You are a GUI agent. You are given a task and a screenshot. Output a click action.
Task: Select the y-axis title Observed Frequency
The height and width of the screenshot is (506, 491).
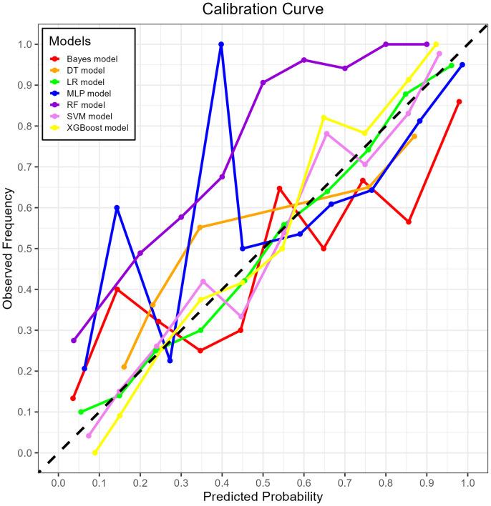9,248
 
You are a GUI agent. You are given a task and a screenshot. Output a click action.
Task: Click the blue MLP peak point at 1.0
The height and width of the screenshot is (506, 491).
221,44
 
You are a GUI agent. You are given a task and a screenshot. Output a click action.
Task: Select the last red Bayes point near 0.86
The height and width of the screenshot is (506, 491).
459,101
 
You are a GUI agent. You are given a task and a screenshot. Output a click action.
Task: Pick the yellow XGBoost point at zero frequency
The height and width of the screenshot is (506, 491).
94,452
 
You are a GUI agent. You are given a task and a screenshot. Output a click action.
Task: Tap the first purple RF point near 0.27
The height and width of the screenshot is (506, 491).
73,340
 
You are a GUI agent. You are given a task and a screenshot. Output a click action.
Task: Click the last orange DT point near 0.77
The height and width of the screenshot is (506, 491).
414,136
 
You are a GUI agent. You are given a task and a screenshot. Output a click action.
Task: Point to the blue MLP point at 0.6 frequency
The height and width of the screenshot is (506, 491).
117,207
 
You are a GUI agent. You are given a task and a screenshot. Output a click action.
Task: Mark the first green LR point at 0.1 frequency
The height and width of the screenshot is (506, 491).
81,412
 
